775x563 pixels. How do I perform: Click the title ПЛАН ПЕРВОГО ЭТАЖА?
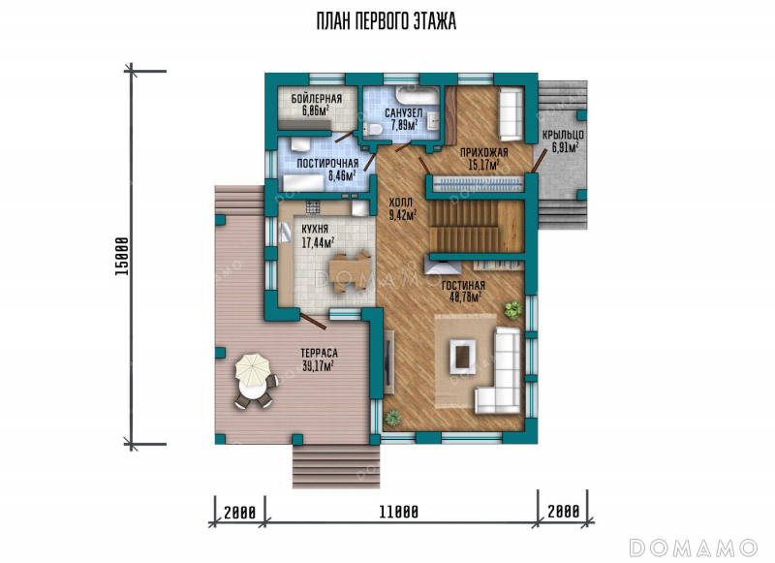pyautogui.click(x=387, y=21)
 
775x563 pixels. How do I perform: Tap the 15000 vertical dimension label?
pyautogui.click(x=122, y=257)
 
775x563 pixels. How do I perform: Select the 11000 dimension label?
pyautogui.click(x=399, y=512)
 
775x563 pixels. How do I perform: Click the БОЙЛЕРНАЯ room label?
pyautogui.click(x=317, y=99)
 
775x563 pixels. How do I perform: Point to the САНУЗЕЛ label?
pyautogui.click(x=403, y=113)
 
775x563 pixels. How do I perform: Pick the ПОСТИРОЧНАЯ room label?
pyautogui.click(x=327, y=164)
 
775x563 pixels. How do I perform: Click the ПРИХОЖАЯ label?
pyautogui.click(x=483, y=153)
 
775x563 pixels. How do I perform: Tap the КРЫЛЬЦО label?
pyautogui.click(x=563, y=135)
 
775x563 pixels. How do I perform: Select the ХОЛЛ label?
pyautogui.click(x=400, y=203)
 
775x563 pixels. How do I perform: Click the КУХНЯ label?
pyautogui.click(x=315, y=230)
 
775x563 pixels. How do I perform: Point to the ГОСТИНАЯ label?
pyautogui.click(x=463, y=286)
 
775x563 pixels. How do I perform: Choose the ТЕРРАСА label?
pyautogui.click(x=319, y=354)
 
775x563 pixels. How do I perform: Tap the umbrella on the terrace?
pyautogui.click(x=253, y=370)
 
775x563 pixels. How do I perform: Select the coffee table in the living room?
pyautogui.click(x=462, y=357)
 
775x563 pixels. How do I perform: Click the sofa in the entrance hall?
pyautogui.click(x=511, y=114)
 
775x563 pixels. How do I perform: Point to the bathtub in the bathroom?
pyautogui.click(x=417, y=95)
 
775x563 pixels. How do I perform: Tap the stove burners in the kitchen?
pyautogui.click(x=313, y=207)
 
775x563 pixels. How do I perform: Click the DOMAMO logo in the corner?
pyautogui.click(x=693, y=547)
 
